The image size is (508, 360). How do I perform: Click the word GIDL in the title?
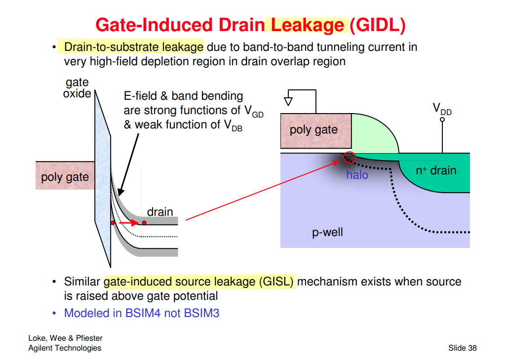(x=377, y=25)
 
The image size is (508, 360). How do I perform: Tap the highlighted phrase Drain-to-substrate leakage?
(x=134, y=47)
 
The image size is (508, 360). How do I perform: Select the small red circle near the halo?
(x=349, y=157)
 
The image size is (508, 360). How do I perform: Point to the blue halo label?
(x=357, y=175)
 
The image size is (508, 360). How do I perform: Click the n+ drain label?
(x=436, y=171)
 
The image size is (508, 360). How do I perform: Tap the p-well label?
(x=327, y=232)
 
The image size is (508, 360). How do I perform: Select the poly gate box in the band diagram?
(x=65, y=176)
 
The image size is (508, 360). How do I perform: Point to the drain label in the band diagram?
(x=160, y=212)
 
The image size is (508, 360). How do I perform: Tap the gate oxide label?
(x=77, y=88)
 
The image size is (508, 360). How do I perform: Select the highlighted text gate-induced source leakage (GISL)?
(x=199, y=282)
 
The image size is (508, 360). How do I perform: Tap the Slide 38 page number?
(x=462, y=348)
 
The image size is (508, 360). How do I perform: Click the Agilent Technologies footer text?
(x=65, y=348)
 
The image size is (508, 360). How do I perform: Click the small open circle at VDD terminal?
(x=442, y=120)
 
